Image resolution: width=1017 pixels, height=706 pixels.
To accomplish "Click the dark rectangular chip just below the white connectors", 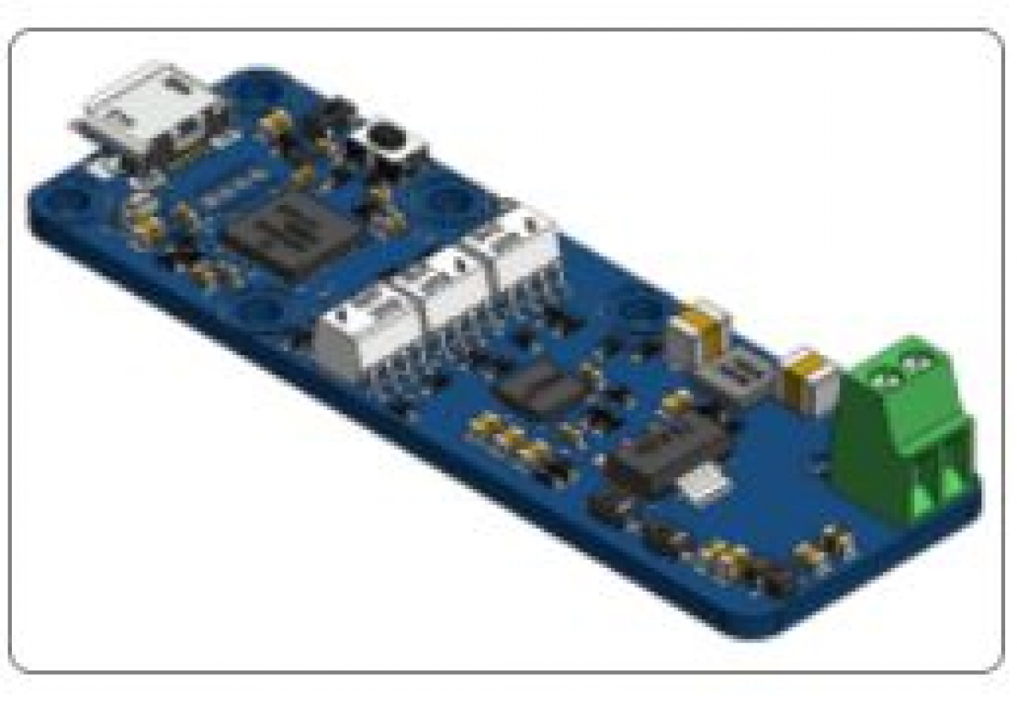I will click(x=542, y=386).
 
